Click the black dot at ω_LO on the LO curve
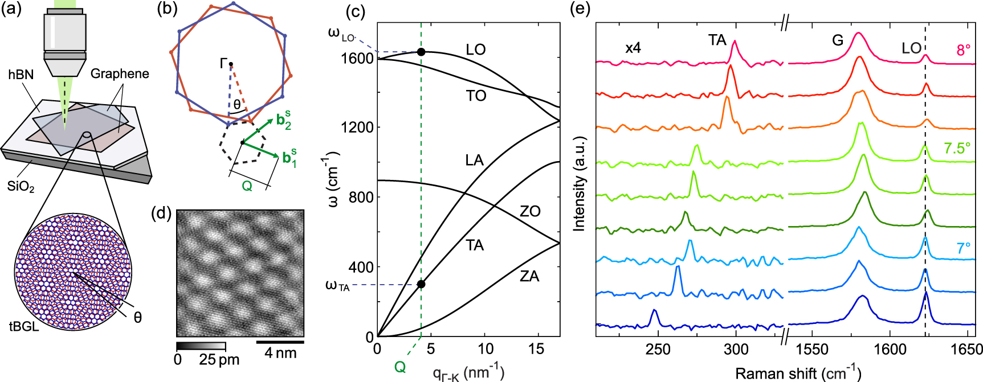coord(421,52)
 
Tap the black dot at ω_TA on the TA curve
coord(421,284)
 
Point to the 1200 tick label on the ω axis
coord(357,128)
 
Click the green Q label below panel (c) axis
coord(400,367)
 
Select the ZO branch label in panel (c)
coord(530,211)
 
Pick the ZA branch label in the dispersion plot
coord(529,277)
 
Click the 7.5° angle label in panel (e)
coord(957,148)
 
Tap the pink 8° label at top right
coord(963,50)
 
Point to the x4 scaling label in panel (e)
coord(633,48)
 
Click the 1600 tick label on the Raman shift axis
coord(890,349)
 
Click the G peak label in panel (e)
coord(837,40)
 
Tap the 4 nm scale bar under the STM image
coord(280,342)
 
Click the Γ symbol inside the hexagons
coord(224,63)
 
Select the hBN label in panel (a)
coord(21,75)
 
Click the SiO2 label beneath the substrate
coord(21,186)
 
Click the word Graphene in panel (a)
coord(120,73)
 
